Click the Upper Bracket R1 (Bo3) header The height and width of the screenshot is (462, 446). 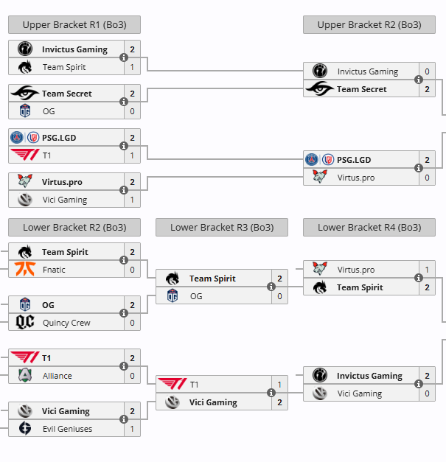click(74, 24)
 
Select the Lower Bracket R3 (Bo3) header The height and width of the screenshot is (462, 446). click(221, 227)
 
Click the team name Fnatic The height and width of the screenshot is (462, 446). click(54, 270)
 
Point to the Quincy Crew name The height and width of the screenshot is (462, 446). click(66, 323)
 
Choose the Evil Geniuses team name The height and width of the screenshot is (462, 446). click(67, 429)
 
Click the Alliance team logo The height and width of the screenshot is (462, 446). click(25, 376)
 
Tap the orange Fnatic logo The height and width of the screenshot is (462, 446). click(25, 270)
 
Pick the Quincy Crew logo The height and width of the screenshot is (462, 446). click(25, 323)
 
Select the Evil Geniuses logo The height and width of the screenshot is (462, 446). click(25, 429)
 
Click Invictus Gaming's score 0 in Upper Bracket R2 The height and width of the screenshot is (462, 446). click(427, 71)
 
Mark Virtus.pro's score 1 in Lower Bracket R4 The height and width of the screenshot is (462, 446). click(427, 270)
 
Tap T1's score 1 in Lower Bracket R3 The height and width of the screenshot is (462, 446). click(279, 385)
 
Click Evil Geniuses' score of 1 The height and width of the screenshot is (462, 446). click(132, 429)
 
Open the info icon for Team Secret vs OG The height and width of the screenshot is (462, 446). click(124, 102)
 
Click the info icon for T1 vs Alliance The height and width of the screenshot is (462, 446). click(124, 367)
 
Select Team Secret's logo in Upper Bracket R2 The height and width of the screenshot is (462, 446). click(320, 89)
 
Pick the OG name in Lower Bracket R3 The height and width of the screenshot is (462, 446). click(195, 296)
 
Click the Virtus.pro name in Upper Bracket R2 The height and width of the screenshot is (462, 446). click(356, 178)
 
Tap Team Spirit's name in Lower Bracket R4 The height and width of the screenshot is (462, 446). click(361, 287)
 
